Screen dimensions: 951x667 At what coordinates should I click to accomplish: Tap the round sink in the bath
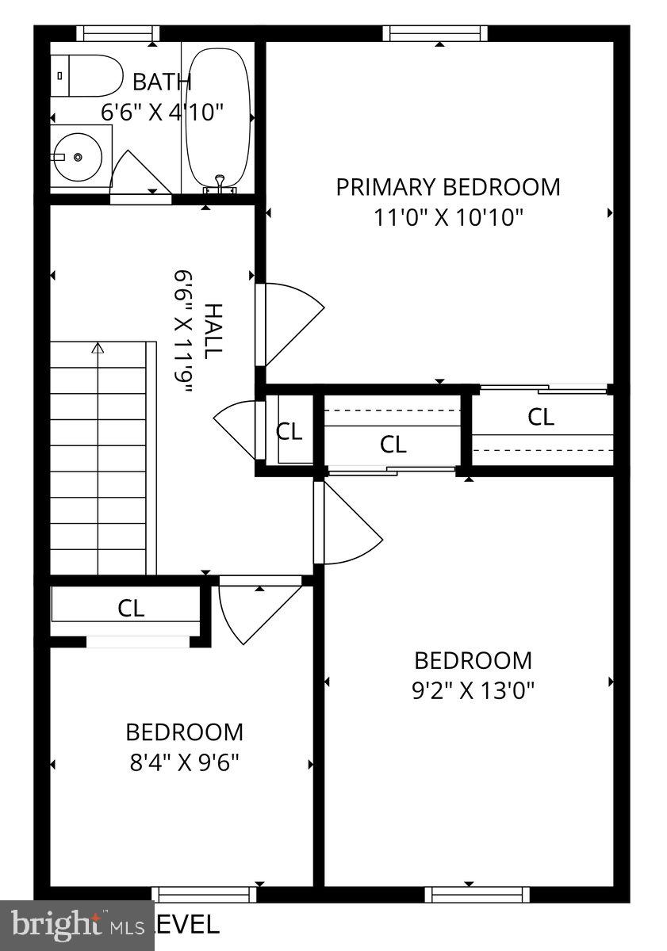point(78,157)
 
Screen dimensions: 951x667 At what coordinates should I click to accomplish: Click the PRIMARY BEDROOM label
point(448,187)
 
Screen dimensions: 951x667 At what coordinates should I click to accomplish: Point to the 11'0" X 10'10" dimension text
point(448,217)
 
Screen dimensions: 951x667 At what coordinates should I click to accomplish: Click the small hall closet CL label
point(289,431)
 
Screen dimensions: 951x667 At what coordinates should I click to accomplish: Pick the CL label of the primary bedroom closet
point(541,417)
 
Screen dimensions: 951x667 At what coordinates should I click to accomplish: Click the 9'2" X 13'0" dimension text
point(473,690)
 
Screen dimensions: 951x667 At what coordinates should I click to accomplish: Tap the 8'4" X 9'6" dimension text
point(184,762)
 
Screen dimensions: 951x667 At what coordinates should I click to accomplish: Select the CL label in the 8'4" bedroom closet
point(131,608)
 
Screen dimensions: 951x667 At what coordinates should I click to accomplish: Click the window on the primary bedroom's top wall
point(435,33)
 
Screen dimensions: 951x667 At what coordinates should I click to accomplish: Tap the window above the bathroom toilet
point(117,33)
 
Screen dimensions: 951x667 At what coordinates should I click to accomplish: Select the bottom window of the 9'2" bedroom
point(477,894)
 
